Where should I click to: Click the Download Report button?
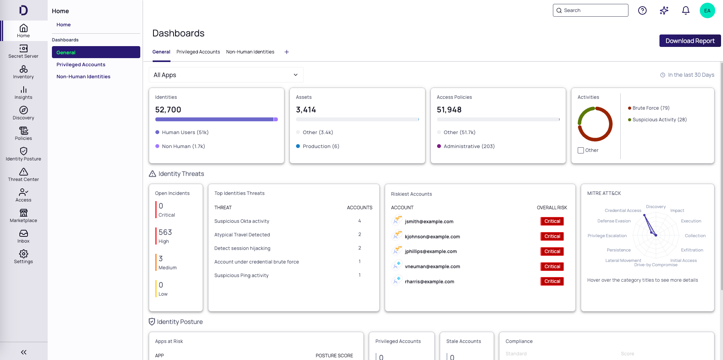690,41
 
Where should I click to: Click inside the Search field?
593,10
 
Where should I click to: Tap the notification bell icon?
685,10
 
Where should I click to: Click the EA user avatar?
707,10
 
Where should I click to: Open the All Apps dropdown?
226,75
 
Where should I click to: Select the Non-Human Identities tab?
250,52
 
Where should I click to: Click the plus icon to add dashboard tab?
287,52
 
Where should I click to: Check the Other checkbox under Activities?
580,150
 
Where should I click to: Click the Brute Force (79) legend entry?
651,108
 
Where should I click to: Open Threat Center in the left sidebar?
23,174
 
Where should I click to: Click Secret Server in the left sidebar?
23,51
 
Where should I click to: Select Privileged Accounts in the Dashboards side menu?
81,65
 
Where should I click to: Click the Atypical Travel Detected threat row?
242,235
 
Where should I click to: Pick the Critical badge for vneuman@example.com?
552,267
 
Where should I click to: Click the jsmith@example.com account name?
429,222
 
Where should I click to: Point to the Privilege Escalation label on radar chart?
607,236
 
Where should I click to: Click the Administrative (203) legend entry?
469,146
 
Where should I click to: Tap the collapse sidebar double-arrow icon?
24,352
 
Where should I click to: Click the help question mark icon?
642,10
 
